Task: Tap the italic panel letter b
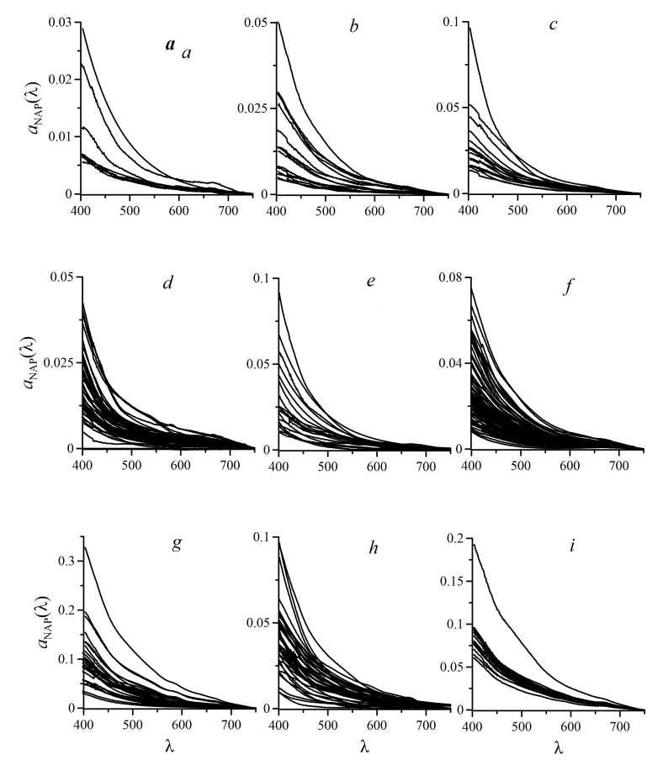click(354, 28)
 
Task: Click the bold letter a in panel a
click(170, 46)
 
